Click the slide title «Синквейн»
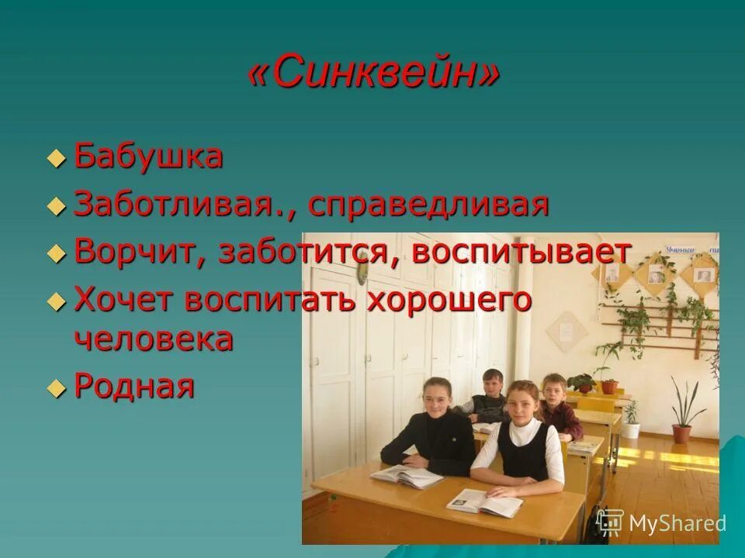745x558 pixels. coord(373,75)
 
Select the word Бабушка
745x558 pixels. coord(148,157)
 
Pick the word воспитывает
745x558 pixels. coord(521,252)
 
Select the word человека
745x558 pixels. coord(154,339)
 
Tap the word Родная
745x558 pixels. coord(133,385)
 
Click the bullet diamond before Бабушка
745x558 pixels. coord(56,158)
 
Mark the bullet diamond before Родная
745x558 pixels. coord(56,387)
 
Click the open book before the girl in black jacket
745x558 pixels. coord(405,475)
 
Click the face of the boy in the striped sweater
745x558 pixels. coord(491,383)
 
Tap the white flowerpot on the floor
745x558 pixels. coord(631,429)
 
